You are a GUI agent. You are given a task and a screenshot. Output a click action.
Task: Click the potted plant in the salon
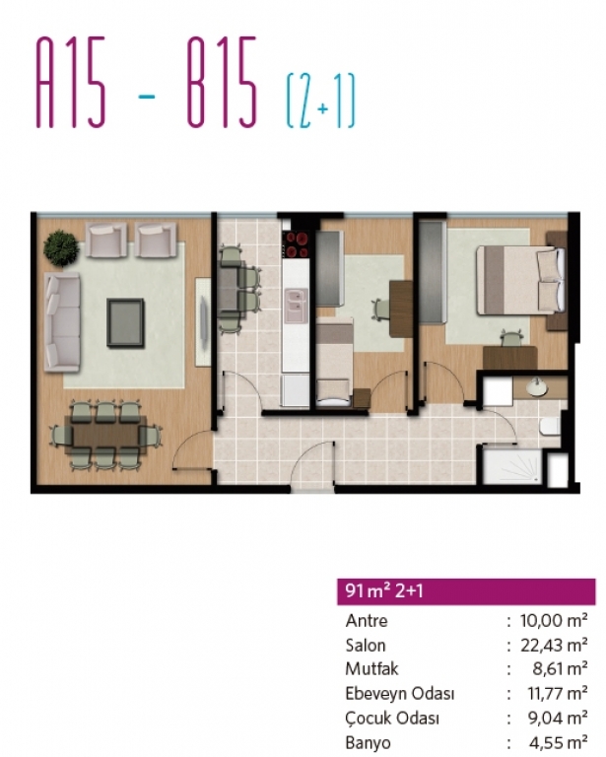point(61,248)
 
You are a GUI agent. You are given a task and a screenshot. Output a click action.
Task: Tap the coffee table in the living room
point(125,322)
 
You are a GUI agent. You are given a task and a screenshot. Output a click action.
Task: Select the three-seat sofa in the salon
point(62,321)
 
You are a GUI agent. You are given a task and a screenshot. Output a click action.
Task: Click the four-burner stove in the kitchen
point(297,244)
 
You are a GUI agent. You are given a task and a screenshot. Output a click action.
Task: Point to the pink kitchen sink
point(297,307)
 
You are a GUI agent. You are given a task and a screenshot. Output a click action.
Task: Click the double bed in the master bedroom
point(521,281)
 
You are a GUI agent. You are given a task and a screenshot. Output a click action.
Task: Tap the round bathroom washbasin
point(535,386)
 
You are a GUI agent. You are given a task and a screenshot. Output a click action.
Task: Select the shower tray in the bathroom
point(512,466)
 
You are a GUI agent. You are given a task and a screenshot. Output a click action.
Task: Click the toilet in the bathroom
point(550,427)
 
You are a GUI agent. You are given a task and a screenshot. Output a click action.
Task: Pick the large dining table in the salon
point(106,435)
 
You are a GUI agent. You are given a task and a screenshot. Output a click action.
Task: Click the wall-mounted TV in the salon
point(203,322)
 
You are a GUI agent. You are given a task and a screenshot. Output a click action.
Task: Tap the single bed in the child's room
point(334,361)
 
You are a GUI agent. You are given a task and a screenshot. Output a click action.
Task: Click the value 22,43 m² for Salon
point(554,645)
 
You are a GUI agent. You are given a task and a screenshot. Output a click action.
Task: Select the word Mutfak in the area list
point(371,668)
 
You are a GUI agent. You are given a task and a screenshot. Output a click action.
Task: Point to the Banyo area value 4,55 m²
point(558,742)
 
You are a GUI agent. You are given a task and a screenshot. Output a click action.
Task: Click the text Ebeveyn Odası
point(399,693)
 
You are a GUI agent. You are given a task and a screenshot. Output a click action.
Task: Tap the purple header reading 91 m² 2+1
point(466,591)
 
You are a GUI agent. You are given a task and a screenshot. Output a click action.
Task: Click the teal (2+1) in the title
point(321,101)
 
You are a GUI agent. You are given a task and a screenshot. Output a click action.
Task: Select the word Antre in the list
point(367,620)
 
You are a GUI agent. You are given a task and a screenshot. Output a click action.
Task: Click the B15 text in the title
point(222,83)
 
